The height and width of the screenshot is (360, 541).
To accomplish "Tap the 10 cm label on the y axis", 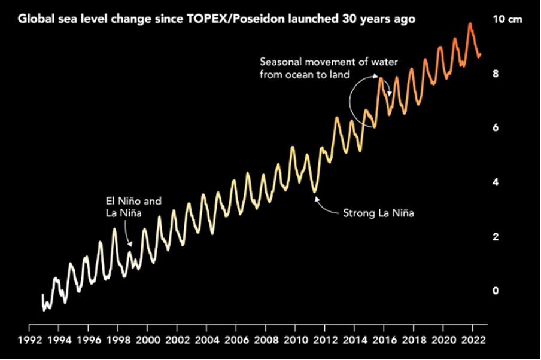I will (x=506, y=19).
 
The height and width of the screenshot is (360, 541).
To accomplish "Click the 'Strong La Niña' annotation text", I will (x=378, y=212).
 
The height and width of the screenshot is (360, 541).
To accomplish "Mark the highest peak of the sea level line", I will (x=470, y=23).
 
